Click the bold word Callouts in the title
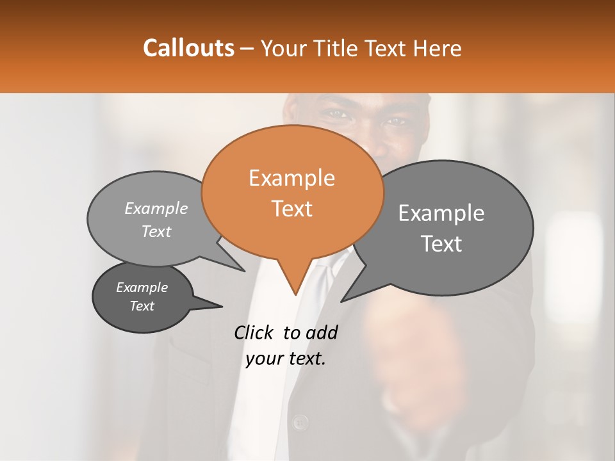pos(188,48)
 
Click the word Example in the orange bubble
pos(291,178)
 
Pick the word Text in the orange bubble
pos(291,209)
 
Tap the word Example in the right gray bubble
pos(441,213)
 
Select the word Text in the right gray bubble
pos(441,244)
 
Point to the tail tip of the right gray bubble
pos(343,300)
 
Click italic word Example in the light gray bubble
pos(156,209)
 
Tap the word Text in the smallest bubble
pos(142,306)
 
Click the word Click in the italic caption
pos(256,332)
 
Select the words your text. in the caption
pos(286,359)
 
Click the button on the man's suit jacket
pos(299,421)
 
